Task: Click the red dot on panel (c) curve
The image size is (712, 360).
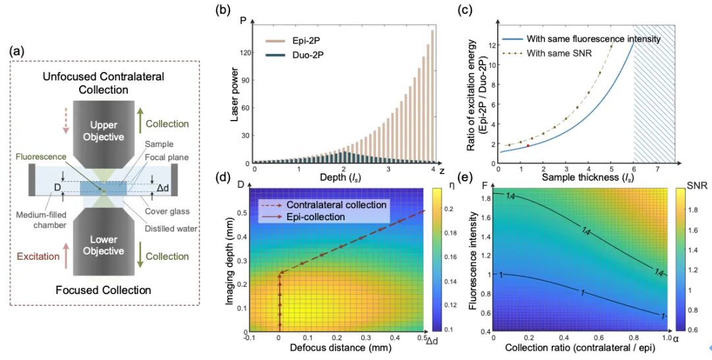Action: (527, 146)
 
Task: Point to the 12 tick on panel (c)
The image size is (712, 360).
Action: (490, 45)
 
